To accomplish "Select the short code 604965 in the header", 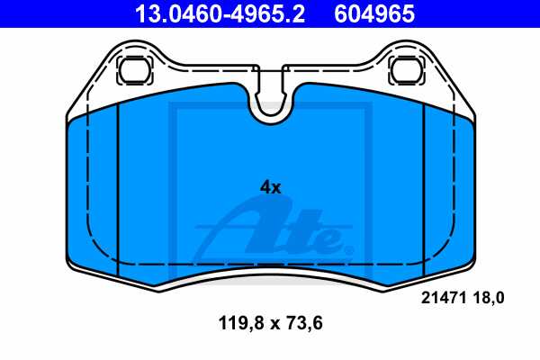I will point(375,13).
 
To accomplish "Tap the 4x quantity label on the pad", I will point(270,187).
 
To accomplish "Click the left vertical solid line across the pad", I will point(119,189).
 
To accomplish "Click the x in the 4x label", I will point(276,188).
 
